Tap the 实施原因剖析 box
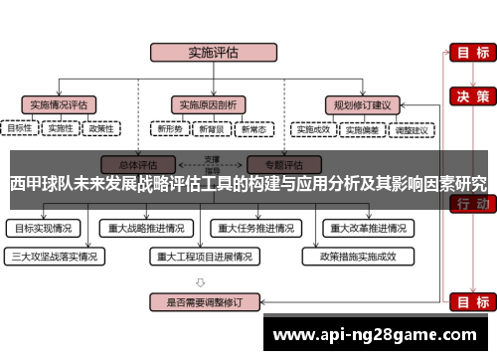(x=208, y=103)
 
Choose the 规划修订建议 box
(x=361, y=103)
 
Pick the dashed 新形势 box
(x=168, y=128)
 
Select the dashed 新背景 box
(x=211, y=128)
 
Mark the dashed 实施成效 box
(x=313, y=128)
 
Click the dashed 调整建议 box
(x=410, y=128)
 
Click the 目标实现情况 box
(x=44, y=227)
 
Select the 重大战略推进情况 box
(x=147, y=227)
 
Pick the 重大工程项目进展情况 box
(x=205, y=256)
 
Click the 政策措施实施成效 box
(x=357, y=256)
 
